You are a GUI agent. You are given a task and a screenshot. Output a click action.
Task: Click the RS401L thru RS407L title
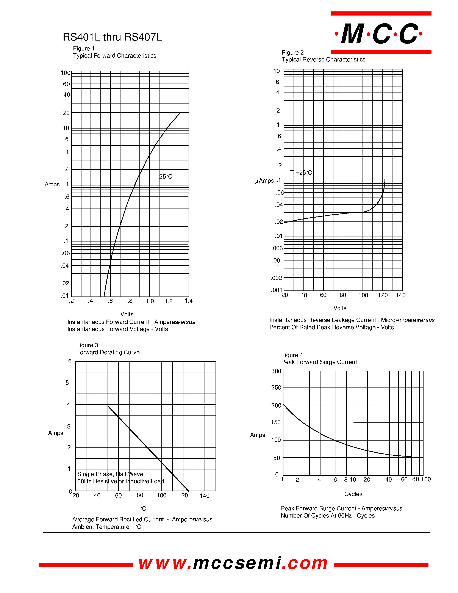click(112, 37)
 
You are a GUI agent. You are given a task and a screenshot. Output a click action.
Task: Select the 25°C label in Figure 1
click(166, 177)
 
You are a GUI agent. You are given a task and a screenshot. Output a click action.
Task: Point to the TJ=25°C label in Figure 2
click(301, 173)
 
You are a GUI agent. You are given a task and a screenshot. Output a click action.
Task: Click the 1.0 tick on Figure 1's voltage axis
click(150, 301)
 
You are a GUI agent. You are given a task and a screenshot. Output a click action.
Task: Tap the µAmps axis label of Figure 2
click(264, 181)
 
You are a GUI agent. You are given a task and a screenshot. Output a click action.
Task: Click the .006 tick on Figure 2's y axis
click(277, 248)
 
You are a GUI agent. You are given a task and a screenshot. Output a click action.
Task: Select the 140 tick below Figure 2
click(400, 295)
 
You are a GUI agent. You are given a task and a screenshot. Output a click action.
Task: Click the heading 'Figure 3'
click(87, 345)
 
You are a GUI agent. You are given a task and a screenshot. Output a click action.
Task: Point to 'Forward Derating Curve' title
click(108, 352)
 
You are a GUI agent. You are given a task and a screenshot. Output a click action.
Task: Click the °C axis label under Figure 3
click(143, 508)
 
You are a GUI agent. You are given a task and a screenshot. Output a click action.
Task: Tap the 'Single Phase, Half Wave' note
click(110, 474)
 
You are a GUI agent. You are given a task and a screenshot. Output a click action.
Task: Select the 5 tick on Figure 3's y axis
click(67, 383)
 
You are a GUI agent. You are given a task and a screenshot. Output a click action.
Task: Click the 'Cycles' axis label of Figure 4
click(353, 494)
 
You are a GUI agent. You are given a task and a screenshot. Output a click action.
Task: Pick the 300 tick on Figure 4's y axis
click(276, 371)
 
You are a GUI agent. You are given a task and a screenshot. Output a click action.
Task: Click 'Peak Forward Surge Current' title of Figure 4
click(319, 362)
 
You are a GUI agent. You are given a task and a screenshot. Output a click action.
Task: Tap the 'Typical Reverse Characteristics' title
click(324, 60)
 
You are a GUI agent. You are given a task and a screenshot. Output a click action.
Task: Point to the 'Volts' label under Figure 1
click(127, 314)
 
